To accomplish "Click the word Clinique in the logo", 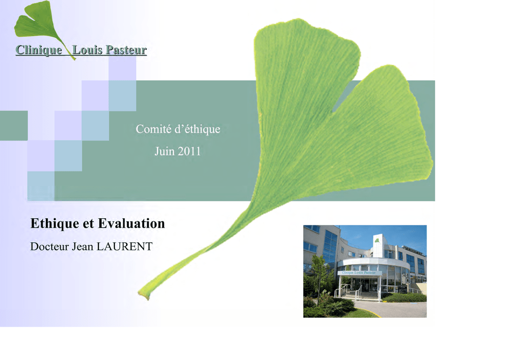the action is pos(39,50).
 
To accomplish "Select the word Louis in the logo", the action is pos(87,50).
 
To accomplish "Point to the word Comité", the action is pos(154,129).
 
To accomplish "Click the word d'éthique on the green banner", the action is pos(197,129).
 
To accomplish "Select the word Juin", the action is pos(164,151).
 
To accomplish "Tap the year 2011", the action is pos(189,151).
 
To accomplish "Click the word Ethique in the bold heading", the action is pos(55,224).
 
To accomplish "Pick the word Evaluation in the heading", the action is pos(131,223).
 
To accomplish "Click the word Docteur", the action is pos(49,247).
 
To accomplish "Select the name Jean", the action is pos(83,247).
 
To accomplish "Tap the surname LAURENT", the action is pos(125,247).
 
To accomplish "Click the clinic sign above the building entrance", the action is pos(358,272).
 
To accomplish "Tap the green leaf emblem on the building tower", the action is pos(377,241).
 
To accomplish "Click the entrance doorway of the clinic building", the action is pos(366,285).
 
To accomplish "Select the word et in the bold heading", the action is pos(88,224).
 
